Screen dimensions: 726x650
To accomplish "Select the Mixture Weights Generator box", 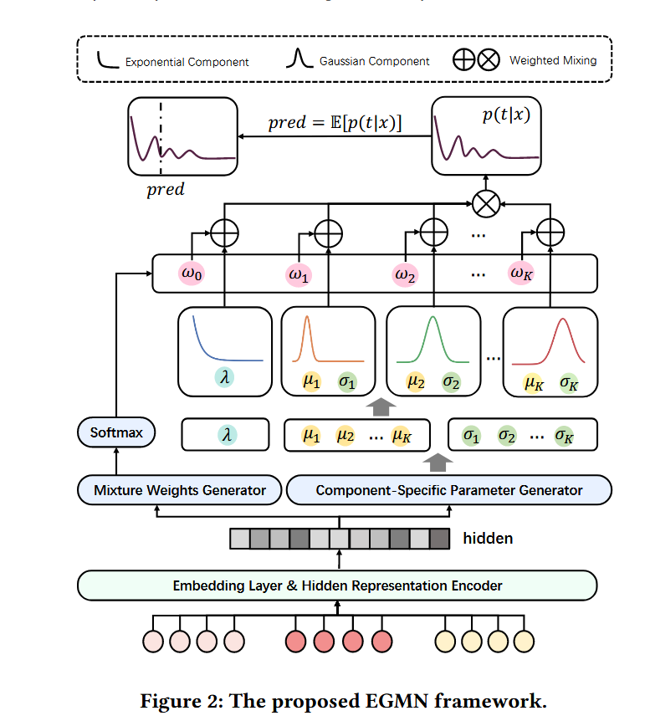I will pos(180,490).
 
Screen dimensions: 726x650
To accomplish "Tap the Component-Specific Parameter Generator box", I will pos(448,490).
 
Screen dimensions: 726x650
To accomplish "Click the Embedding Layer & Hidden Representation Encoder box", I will pos(337,585).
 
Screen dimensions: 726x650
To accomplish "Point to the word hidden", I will pos(488,539).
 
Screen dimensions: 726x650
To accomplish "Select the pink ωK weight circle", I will pos(525,274).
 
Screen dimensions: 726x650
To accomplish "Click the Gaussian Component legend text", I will pos(374,61).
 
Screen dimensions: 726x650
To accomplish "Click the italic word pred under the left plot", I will pos(166,190).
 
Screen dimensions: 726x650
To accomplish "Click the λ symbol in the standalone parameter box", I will pos(225,435).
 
